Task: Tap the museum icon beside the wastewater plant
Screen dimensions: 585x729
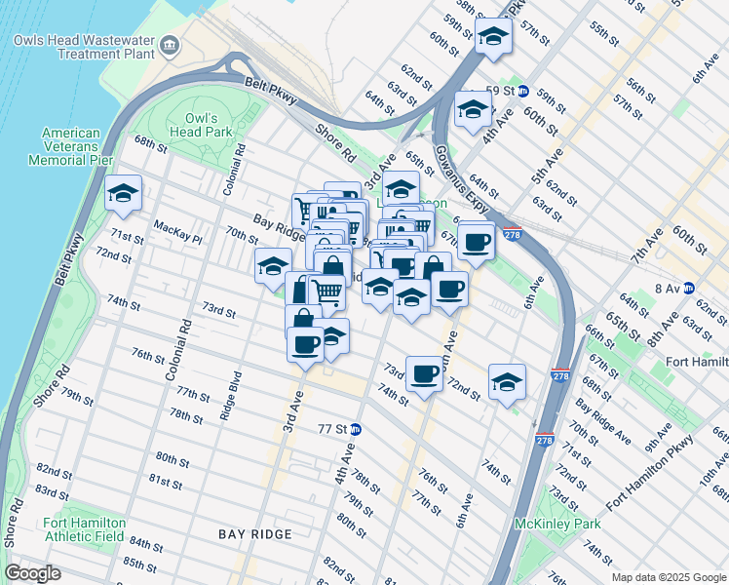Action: tap(170, 45)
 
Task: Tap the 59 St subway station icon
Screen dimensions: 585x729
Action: tap(522, 90)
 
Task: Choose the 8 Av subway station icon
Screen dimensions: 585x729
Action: tap(689, 288)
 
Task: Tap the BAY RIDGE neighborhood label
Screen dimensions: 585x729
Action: tap(255, 534)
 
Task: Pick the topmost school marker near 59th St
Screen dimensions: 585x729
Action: tap(494, 37)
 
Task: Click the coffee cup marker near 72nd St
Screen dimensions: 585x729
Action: tap(424, 373)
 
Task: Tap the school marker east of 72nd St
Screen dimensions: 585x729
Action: tap(507, 382)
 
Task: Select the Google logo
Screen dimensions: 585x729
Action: tap(33, 573)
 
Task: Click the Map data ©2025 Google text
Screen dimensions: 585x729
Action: tap(668, 577)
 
